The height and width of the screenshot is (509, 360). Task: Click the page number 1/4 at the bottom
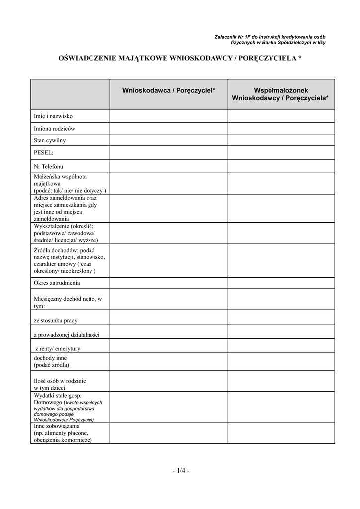click(x=180, y=471)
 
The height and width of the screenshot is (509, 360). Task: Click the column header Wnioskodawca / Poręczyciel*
click(x=169, y=90)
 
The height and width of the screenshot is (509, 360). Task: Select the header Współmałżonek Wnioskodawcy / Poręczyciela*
click(x=280, y=94)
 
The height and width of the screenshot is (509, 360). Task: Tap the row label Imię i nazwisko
click(x=53, y=116)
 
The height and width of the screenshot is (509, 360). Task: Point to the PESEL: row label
click(x=43, y=152)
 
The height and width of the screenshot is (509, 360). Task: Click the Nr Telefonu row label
click(x=48, y=166)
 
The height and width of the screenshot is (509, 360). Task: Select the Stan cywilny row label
click(x=50, y=140)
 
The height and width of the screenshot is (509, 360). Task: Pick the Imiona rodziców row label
click(x=54, y=128)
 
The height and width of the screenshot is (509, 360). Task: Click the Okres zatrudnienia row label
click(x=57, y=283)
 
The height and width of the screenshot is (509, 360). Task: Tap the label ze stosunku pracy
click(x=55, y=321)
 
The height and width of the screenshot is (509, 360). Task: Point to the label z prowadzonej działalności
click(x=67, y=335)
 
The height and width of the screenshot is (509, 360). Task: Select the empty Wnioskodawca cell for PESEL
click(x=169, y=152)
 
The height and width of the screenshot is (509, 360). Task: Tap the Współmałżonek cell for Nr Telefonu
click(x=281, y=166)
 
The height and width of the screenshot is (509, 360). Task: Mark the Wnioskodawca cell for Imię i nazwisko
click(x=169, y=116)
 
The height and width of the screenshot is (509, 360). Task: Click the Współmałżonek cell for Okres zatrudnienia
click(x=281, y=283)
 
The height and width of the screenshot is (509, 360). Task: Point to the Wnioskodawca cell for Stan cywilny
click(x=169, y=140)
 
